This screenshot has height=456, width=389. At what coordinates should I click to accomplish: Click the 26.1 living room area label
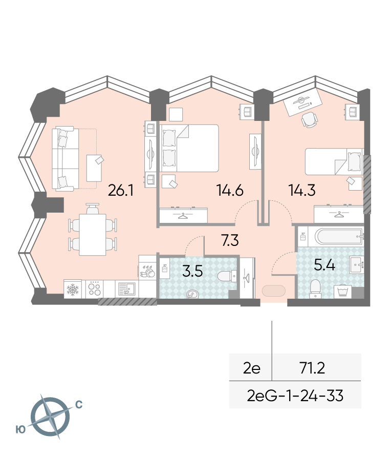(121, 191)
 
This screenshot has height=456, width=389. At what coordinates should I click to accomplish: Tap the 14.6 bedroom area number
(230, 191)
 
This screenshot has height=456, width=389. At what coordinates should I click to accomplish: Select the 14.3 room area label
(302, 191)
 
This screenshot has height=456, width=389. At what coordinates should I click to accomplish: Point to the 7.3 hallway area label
(230, 240)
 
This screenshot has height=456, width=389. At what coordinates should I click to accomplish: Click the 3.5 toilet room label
(192, 271)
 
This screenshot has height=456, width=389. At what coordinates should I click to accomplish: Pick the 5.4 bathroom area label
(325, 265)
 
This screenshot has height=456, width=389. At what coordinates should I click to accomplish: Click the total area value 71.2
(312, 368)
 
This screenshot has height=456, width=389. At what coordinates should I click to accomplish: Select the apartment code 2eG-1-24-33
(295, 396)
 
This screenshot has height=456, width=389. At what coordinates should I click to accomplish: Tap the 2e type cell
(252, 368)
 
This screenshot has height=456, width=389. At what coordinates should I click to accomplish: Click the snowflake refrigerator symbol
(73, 289)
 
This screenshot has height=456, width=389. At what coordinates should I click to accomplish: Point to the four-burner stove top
(94, 289)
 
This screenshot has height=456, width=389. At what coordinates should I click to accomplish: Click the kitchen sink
(127, 289)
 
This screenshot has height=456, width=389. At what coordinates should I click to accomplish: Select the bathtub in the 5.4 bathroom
(339, 236)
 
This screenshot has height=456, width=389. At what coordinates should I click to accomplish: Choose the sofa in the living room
(65, 158)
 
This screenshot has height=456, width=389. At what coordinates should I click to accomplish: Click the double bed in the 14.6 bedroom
(189, 148)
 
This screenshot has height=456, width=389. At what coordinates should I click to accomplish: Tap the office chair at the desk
(309, 119)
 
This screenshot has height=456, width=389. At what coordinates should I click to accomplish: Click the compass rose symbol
(50, 417)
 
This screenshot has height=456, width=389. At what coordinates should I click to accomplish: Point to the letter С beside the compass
(78, 404)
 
